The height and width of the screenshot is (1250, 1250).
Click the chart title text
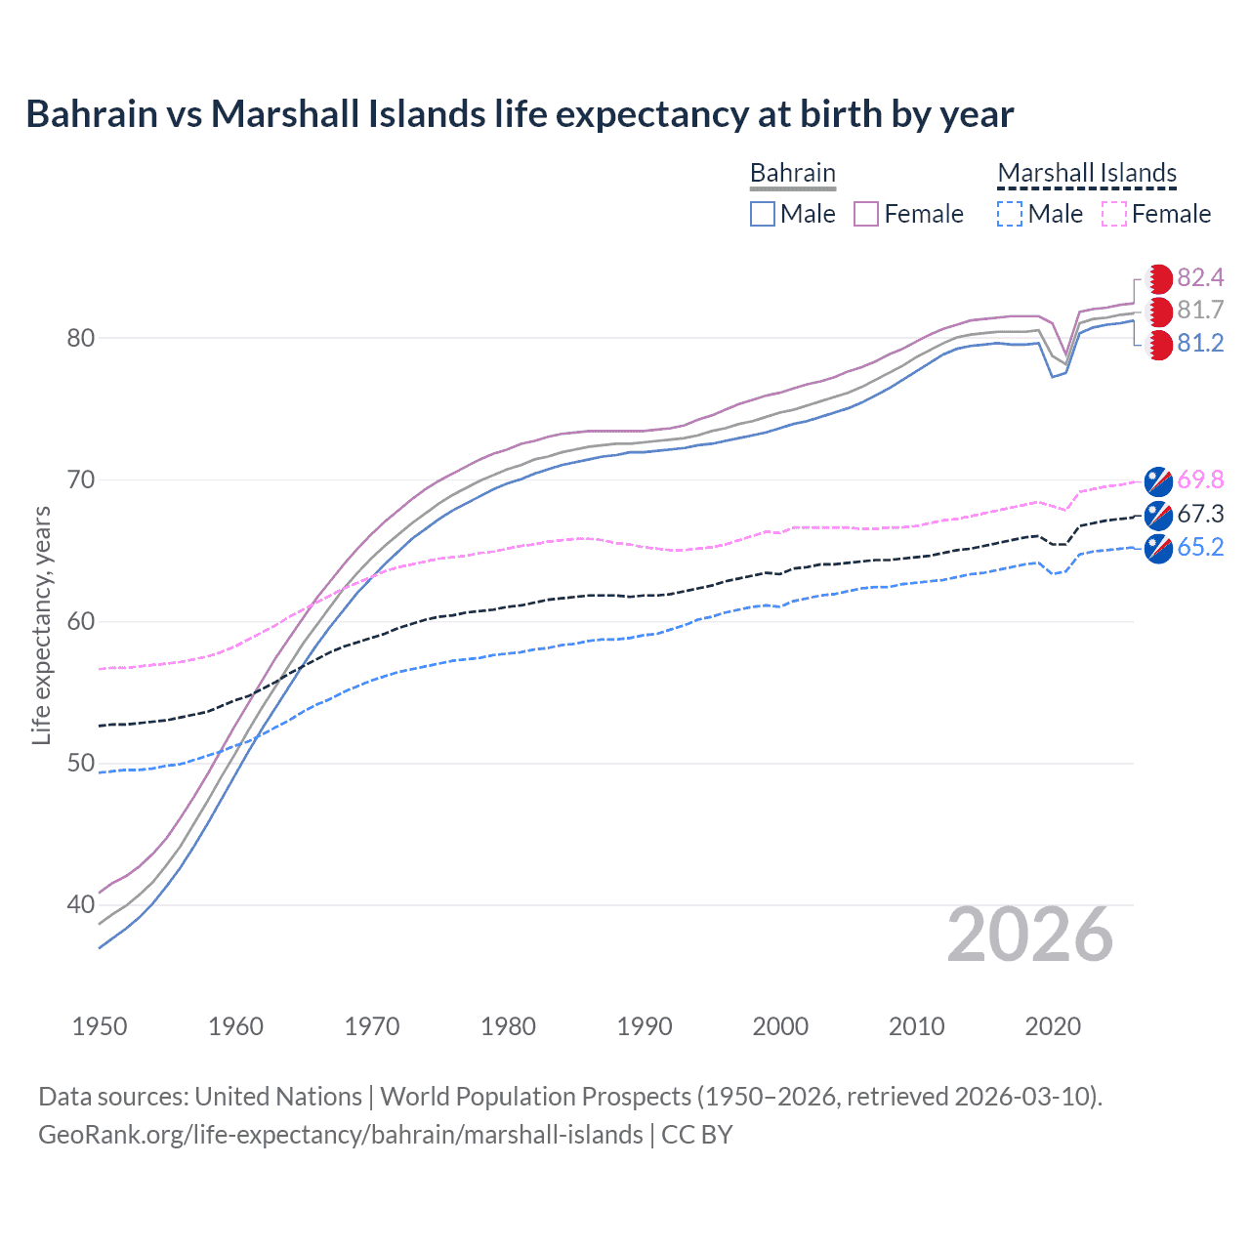[x=520, y=114]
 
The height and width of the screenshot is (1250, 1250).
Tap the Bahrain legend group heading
[x=792, y=173]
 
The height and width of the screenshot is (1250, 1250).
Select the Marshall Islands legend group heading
[x=1087, y=173]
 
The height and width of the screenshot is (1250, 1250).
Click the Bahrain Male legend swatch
[x=763, y=214]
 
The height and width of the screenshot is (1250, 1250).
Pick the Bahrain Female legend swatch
[x=866, y=214]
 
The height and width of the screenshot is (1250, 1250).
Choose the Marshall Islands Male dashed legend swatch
[x=1010, y=214]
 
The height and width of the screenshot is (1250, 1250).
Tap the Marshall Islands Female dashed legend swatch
[x=1113, y=214]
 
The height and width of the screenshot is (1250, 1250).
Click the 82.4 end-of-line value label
[x=1200, y=278]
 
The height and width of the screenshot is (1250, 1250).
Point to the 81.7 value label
[x=1200, y=311]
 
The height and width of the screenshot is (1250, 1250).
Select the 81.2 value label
[x=1200, y=344]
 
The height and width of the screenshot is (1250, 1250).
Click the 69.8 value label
[x=1200, y=479]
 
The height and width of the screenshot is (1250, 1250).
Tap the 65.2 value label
[x=1200, y=547]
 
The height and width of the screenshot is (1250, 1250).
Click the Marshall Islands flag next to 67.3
[x=1158, y=515]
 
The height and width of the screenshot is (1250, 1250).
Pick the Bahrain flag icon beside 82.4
[x=1158, y=278]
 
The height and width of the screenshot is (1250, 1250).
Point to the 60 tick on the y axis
[x=80, y=621]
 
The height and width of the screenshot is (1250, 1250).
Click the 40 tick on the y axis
[x=80, y=904]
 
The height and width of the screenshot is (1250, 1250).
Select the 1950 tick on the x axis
[x=100, y=1026]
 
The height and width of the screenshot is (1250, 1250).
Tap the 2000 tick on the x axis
[x=780, y=1026]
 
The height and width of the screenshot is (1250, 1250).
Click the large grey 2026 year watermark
[x=1030, y=936]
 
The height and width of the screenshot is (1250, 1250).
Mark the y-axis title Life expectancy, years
[x=41, y=625]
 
